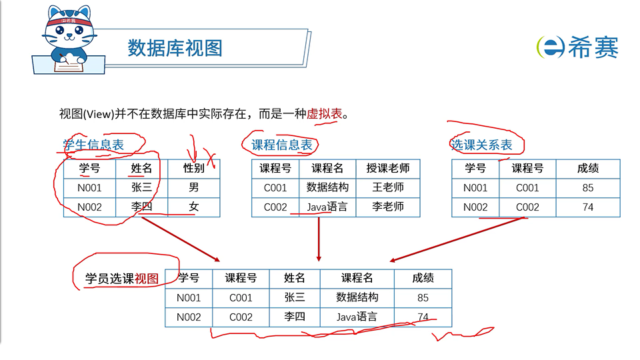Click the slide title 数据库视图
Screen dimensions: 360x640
tap(175, 48)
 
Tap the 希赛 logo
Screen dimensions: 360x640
tap(577, 47)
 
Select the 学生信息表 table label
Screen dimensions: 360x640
tap(93, 145)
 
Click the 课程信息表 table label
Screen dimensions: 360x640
tap(281, 145)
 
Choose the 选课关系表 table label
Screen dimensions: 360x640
tap(482, 145)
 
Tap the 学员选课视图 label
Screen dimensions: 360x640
tap(122, 279)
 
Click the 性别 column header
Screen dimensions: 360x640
tap(194, 169)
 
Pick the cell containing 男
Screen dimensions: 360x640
tap(194, 188)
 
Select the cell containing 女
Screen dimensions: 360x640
tap(194, 207)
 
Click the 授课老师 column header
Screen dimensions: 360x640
tap(388, 169)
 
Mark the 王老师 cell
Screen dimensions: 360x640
tap(388, 188)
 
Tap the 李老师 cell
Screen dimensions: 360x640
tap(388, 207)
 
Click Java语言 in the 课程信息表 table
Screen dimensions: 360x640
tap(327, 207)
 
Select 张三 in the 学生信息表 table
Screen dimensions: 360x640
tap(141, 188)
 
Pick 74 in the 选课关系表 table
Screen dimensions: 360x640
tap(587, 207)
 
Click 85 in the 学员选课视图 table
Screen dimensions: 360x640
tap(423, 297)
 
